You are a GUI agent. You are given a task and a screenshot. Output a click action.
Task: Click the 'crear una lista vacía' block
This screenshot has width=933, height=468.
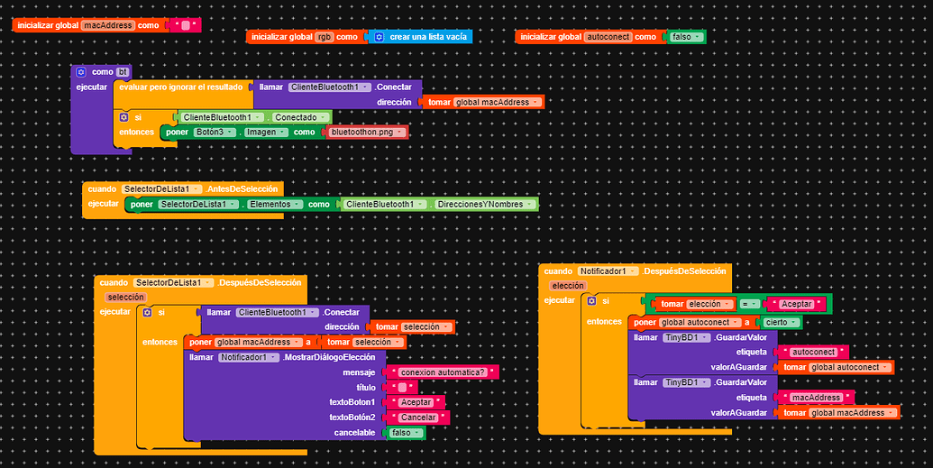point(420,37)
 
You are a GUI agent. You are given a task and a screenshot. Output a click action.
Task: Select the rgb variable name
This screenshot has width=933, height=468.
point(324,37)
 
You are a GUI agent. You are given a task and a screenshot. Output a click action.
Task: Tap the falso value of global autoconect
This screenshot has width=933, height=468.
point(685,37)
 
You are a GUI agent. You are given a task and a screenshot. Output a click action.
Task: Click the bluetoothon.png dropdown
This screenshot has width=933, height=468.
point(367,133)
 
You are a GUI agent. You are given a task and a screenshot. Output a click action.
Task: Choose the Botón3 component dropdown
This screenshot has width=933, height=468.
point(215,133)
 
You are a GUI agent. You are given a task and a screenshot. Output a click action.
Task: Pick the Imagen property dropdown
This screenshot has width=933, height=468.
point(265,133)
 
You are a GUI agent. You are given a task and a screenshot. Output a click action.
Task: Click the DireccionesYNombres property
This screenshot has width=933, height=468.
point(484,204)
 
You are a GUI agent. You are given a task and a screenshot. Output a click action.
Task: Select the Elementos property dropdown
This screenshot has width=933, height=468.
point(274,204)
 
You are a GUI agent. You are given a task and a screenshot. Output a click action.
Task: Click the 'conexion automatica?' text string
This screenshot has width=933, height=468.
point(442,372)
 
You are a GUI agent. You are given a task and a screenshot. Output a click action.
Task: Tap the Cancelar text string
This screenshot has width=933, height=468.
point(417,418)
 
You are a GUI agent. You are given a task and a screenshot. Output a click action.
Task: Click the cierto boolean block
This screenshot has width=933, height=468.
point(780,322)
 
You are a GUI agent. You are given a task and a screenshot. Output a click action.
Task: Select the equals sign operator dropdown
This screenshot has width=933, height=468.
point(748,304)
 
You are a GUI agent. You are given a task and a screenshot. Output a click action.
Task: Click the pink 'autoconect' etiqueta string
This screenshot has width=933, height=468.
point(813,352)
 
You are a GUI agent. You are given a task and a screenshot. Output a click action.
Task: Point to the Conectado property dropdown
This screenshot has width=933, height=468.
point(299,117)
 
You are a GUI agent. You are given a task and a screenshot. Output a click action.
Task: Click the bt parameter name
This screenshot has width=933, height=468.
point(122,72)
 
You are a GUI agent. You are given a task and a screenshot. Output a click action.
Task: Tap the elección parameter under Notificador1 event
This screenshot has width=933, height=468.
point(568,286)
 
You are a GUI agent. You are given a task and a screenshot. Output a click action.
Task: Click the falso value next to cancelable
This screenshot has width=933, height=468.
point(406,433)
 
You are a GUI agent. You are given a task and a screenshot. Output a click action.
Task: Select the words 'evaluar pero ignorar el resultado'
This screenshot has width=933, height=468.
point(181,87)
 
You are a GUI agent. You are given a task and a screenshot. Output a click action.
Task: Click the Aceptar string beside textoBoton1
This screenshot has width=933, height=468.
point(416,402)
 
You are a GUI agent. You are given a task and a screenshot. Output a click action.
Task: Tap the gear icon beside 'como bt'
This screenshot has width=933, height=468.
point(81,72)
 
